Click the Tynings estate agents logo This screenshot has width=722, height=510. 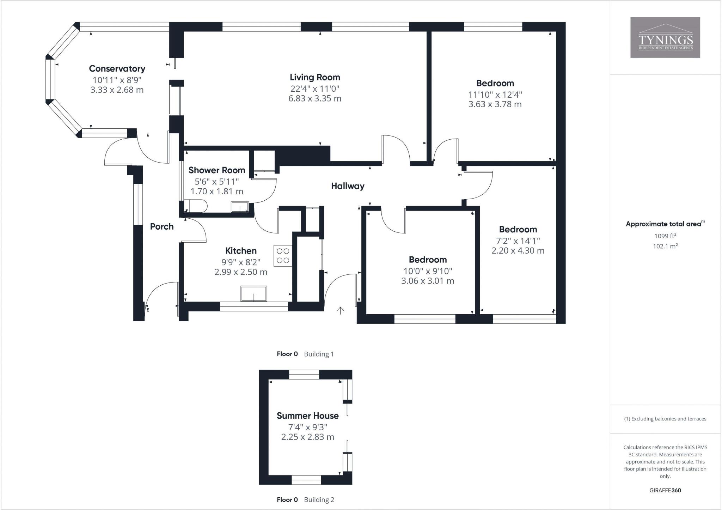[665, 37]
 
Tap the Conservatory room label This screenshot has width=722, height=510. [117, 68]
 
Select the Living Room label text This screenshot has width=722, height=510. [315, 77]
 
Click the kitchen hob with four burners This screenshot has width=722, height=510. [283, 256]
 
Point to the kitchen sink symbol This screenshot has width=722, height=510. [253, 294]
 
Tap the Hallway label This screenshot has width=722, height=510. [348, 186]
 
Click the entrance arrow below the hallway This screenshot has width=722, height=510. [340, 310]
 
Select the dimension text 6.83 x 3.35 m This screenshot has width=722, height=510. [315, 98]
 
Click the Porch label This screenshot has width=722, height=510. [162, 226]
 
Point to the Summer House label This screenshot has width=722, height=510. [307, 415]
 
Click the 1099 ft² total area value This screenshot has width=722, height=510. [665, 236]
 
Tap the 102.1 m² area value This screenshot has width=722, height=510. [665, 246]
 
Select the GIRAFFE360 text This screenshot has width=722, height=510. [665, 490]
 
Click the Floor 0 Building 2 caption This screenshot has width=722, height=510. [305, 499]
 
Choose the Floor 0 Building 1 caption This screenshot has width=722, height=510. [305, 354]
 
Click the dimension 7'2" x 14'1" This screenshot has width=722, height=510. [518, 241]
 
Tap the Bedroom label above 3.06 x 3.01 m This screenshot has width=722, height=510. [428, 260]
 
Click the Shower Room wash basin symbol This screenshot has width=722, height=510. [240, 207]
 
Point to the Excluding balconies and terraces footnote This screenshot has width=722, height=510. [665, 419]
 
